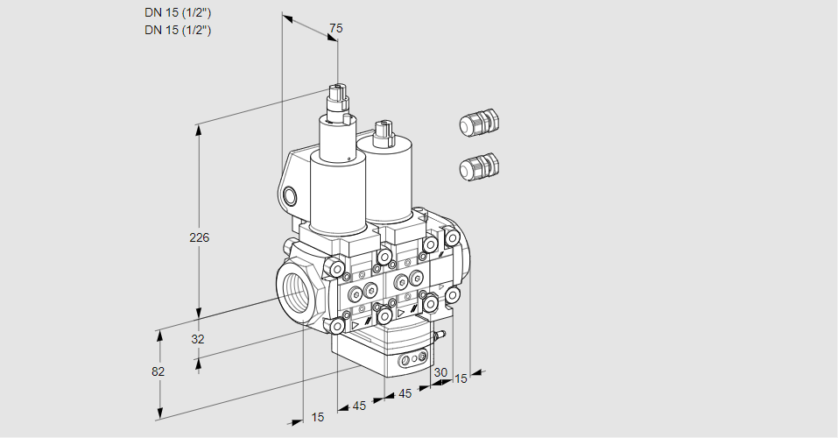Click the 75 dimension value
[x=335, y=28]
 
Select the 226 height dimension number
[x=200, y=237]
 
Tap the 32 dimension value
[x=198, y=339]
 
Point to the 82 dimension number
[x=158, y=371]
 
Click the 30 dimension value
[x=440, y=372]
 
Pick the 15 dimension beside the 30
[x=461, y=378]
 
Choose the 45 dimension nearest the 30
[x=405, y=393]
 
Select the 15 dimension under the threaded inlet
[x=318, y=417]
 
